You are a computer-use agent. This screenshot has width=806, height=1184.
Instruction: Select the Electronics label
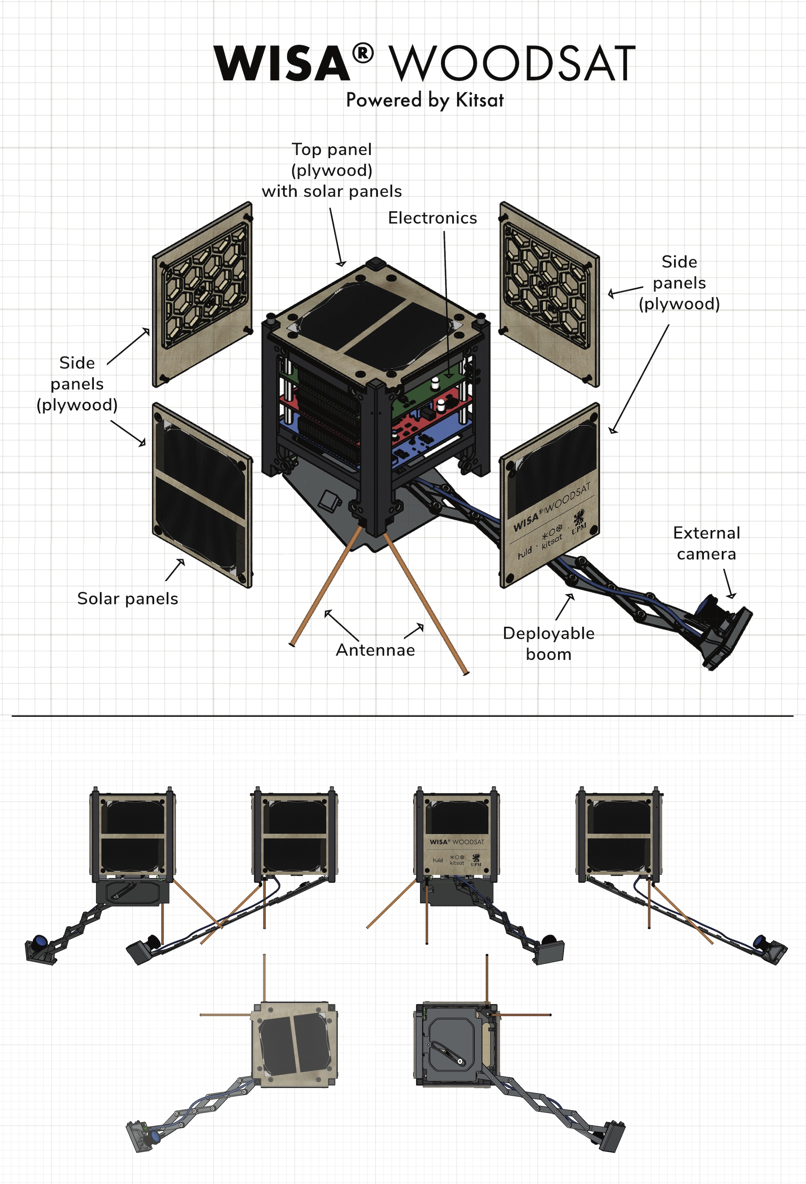tap(432, 218)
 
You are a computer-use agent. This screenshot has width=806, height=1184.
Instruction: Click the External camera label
tap(706, 543)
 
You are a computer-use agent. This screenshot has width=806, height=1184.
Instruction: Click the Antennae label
tap(375, 650)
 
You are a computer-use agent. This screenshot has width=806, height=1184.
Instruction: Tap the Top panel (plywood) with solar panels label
tap(331, 170)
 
